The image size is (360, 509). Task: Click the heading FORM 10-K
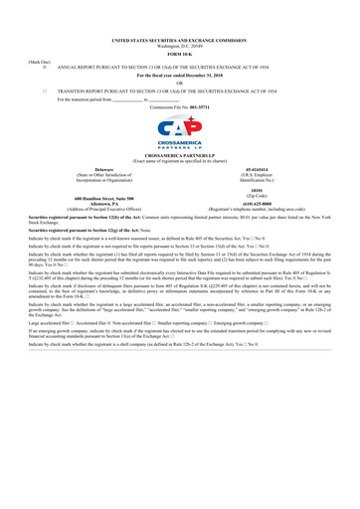[x=179, y=25]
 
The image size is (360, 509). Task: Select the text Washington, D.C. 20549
[x=179, y=19]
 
